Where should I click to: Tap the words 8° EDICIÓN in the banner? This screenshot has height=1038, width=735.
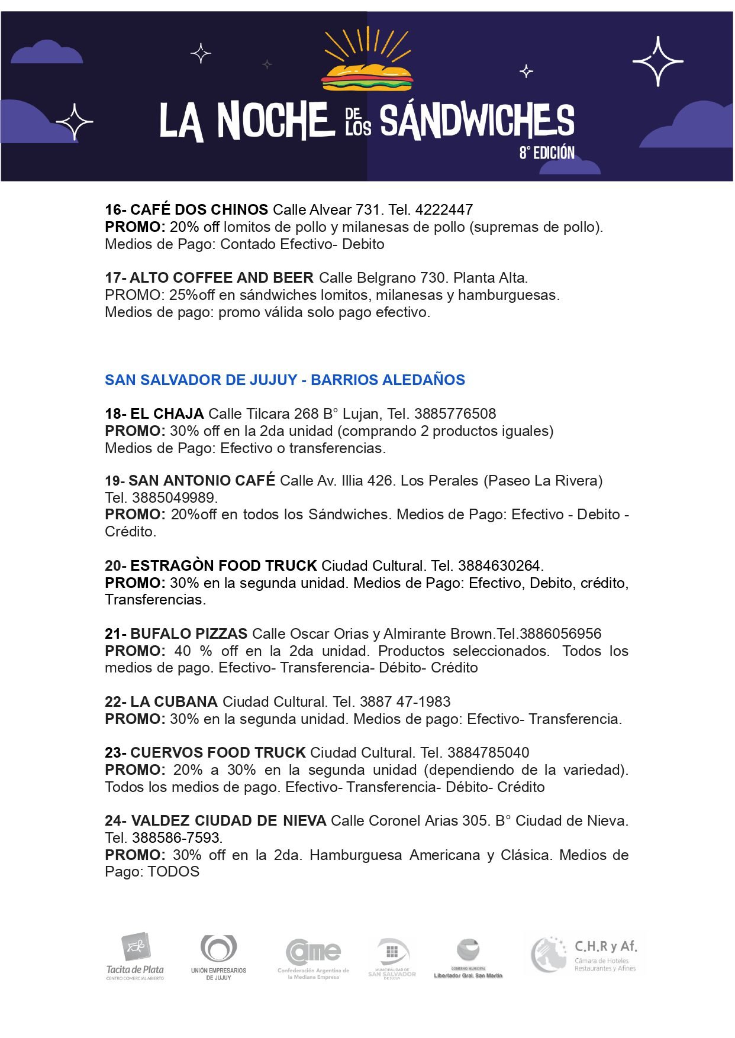(x=547, y=153)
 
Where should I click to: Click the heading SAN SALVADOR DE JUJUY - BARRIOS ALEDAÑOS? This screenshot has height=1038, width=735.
(x=285, y=380)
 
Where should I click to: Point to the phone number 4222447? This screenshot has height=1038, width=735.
(x=444, y=209)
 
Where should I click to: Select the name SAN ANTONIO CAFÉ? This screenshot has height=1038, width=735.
(x=202, y=480)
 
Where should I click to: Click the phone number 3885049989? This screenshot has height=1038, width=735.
(x=175, y=497)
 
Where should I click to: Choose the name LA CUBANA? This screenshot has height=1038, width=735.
(x=173, y=701)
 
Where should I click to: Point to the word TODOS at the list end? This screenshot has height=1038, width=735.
(x=173, y=871)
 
